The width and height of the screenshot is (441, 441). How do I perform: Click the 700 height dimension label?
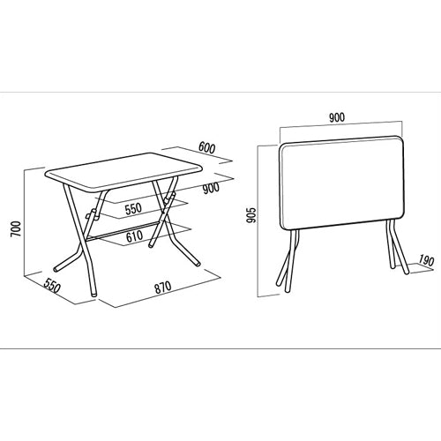[x=16, y=229]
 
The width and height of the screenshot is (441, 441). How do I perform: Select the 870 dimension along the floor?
[x=163, y=288]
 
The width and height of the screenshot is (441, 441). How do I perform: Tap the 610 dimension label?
[x=134, y=236]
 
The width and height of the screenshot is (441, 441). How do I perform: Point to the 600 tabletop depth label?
[x=207, y=147]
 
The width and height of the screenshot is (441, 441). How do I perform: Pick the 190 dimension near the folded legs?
[x=426, y=261]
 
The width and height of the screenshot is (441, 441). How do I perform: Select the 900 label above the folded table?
[x=337, y=117]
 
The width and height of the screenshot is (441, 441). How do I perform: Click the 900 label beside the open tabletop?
[x=211, y=189]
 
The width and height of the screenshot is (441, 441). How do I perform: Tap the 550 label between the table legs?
[x=133, y=209]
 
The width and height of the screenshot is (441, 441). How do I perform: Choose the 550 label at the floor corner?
[x=52, y=285]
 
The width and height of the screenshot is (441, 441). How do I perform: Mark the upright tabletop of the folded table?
[x=343, y=183]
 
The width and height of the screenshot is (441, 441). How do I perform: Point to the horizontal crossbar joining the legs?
[x=121, y=230]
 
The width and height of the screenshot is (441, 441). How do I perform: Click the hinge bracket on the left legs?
[x=93, y=215]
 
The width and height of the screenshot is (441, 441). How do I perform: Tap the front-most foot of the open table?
[x=93, y=293]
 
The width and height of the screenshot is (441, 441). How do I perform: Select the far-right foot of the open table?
[x=198, y=264]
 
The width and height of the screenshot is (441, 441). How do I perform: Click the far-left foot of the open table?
[x=56, y=269]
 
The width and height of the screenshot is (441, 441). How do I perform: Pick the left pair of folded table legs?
[x=288, y=261]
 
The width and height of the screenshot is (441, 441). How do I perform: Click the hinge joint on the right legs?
[x=170, y=198]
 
